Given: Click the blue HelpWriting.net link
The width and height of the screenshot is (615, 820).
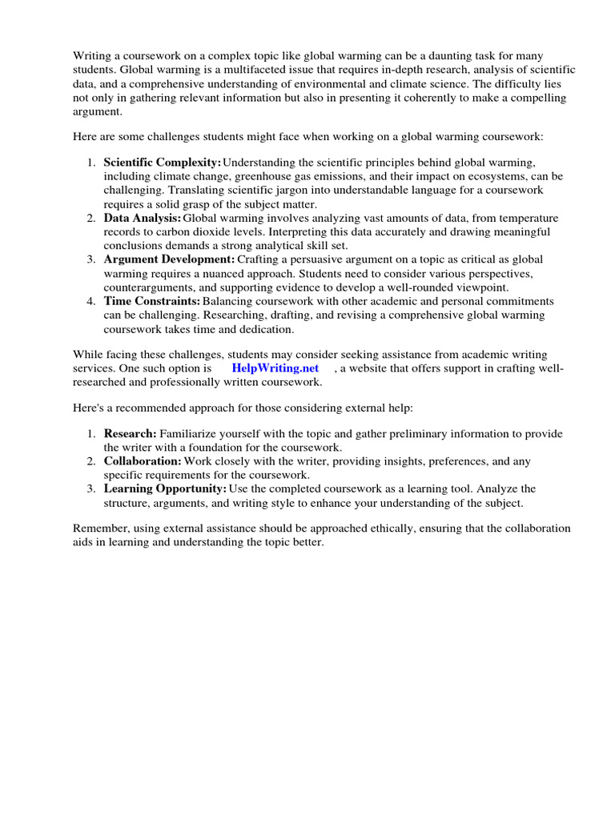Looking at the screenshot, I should pos(275,368).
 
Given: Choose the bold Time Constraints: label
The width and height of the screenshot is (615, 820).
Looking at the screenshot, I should pos(152,301).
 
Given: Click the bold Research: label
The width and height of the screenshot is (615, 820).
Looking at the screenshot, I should pos(131,433).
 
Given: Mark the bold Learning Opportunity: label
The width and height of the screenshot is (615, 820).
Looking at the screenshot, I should pos(165,488).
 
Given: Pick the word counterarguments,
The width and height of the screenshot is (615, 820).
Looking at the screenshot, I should pos(155,287).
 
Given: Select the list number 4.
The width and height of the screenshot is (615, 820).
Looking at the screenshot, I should pos(91,301).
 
